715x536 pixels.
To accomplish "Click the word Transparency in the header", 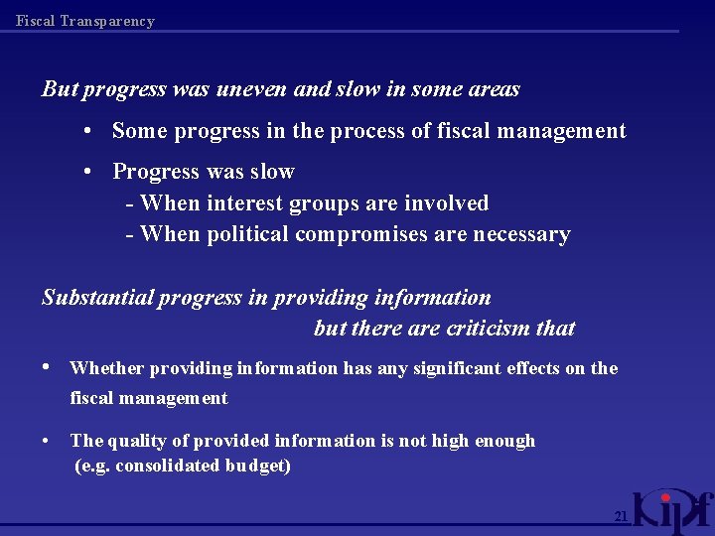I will point(108,21).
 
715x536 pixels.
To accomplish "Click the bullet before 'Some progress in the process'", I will point(88,131).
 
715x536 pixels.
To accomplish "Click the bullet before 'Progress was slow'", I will point(88,172).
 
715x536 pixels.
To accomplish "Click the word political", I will point(248,235).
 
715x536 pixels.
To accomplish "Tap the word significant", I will point(449,368).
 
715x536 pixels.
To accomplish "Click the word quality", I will point(132,442).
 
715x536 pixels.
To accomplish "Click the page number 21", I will point(621,517).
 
